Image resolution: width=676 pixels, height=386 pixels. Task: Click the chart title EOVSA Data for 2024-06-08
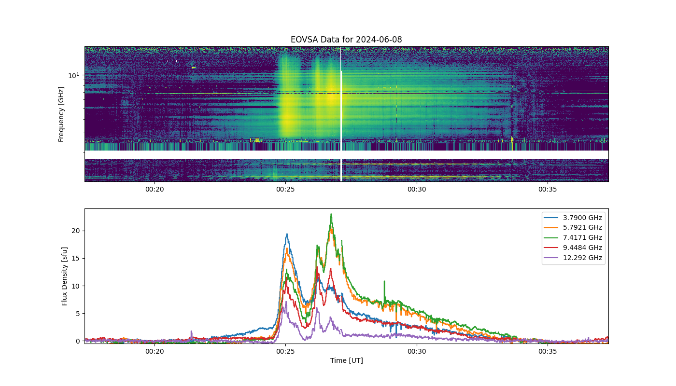click(346, 40)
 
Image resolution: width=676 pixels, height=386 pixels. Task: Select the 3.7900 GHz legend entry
click(573, 218)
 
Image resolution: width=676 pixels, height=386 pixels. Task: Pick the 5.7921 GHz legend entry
click(573, 227)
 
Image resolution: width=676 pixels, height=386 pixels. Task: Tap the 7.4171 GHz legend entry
click(573, 237)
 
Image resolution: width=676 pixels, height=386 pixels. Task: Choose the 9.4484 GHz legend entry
click(573, 248)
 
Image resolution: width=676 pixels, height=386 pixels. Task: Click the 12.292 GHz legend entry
click(573, 258)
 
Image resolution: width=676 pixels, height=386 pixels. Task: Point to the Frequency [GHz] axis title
click(61, 114)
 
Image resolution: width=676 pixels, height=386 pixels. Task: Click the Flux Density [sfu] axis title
click(64, 276)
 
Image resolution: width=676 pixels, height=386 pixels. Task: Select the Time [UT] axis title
click(347, 360)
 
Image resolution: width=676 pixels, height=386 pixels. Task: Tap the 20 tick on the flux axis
click(75, 231)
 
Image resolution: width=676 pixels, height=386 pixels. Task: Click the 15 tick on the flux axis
click(75, 259)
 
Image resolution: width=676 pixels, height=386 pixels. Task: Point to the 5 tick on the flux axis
click(78, 314)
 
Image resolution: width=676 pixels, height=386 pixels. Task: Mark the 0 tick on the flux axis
click(78, 341)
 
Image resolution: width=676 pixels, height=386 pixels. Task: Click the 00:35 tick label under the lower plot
click(548, 351)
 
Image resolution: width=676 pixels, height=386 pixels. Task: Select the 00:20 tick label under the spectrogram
click(155, 189)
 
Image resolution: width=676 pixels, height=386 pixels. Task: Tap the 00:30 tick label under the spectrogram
click(417, 189)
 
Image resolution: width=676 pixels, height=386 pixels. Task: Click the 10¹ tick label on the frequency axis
click(74, 75)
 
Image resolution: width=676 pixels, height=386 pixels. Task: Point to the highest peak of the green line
click(331, 214)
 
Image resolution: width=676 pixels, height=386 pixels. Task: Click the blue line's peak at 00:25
click(287, 234)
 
